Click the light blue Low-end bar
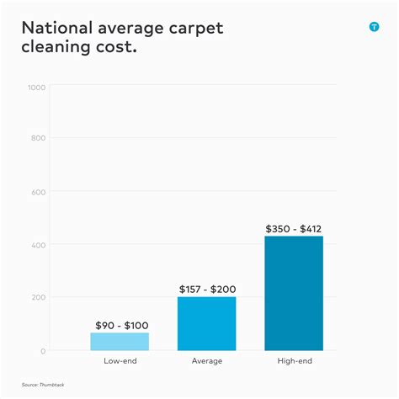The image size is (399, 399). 120,341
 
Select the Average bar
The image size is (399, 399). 207,323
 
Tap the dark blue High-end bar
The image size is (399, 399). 294,293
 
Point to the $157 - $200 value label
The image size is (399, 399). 207,289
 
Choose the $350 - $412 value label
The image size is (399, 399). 294,228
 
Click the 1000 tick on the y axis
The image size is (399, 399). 36,87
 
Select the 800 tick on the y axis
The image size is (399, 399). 38,139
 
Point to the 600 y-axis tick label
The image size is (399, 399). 38,192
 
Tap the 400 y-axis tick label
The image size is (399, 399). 38,245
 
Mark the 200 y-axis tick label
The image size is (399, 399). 38,298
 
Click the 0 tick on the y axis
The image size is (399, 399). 43,350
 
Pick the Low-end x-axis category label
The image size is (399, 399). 120,361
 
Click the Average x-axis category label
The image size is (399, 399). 207,361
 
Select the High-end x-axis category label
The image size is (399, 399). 294,361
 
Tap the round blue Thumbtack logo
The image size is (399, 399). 375,27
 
